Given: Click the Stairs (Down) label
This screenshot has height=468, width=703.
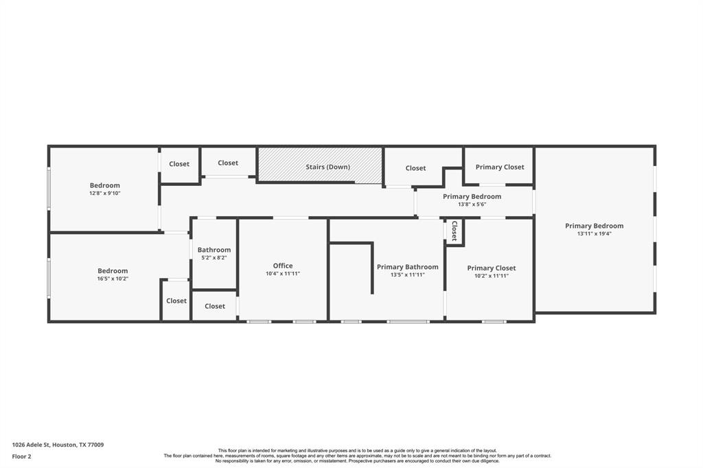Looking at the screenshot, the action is pyautogui.click(x=327, y=167).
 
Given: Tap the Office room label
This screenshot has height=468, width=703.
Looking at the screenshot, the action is pyautogui.click(x=282, y=266).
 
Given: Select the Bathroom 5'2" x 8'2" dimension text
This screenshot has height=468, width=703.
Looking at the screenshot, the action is pyautogui.click(x=214, y=258).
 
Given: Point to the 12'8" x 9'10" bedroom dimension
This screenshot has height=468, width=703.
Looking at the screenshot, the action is pyautogui.click(x=105, y=194).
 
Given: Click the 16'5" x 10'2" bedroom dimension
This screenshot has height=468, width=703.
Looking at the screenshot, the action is pyautogui.click(x=113, y=279).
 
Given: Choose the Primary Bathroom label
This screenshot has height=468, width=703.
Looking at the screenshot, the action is pyautogui.click(x=408, y=267).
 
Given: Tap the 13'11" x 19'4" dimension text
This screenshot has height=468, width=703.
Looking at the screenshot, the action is pyautogui.click(x=594, y=233).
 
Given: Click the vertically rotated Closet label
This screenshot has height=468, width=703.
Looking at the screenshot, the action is pyautogui.click(x=454, y=231).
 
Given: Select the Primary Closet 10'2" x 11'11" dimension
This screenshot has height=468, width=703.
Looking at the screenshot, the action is pyautogui.click(x=492, y=276).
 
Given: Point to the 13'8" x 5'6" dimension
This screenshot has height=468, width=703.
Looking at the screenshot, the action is pyautogui.click(x=472, y=204).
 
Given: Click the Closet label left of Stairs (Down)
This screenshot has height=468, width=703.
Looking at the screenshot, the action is pyautogui.click(x=228, y=163).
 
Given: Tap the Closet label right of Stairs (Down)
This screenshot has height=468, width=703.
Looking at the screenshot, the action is pyautogui.click(x=415, y=168).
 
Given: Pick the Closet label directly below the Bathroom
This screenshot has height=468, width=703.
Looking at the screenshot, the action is pyautogui.click(x=215, y=306).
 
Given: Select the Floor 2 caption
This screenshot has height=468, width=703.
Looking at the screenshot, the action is pyautogui.click(x=21, y=456).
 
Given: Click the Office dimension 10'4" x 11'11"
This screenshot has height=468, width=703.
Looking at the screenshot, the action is pyautogui.click(x=282, y=273).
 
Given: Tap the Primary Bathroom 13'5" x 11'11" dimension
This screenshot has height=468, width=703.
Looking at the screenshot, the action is pyautogui.click(x=408, y=274).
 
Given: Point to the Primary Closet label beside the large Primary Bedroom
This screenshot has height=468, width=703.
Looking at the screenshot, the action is pyautogui.click(x=500, y=167).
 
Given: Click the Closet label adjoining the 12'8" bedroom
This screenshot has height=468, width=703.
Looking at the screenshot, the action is pyautogui.click(x=179, y=164).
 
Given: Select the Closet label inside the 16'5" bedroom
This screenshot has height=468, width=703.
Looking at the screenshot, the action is pyautogui.click(x=176, y=301).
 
